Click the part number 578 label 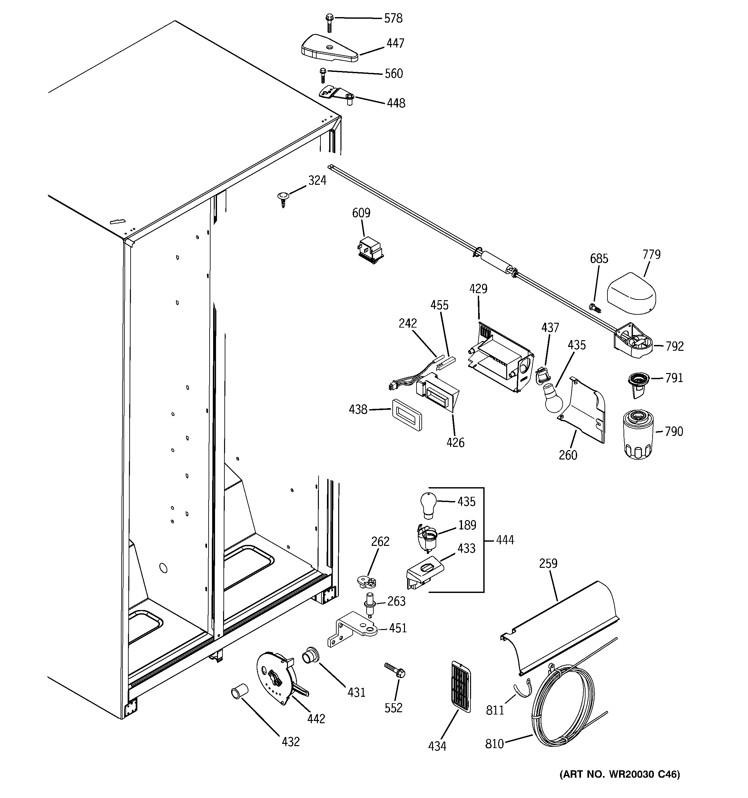coord(393,18)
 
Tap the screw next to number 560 coord(322,75)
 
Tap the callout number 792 coord(674,346)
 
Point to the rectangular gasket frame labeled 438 coord(406,415)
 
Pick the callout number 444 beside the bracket coord(505,540)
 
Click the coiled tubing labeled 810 coord(562,706)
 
